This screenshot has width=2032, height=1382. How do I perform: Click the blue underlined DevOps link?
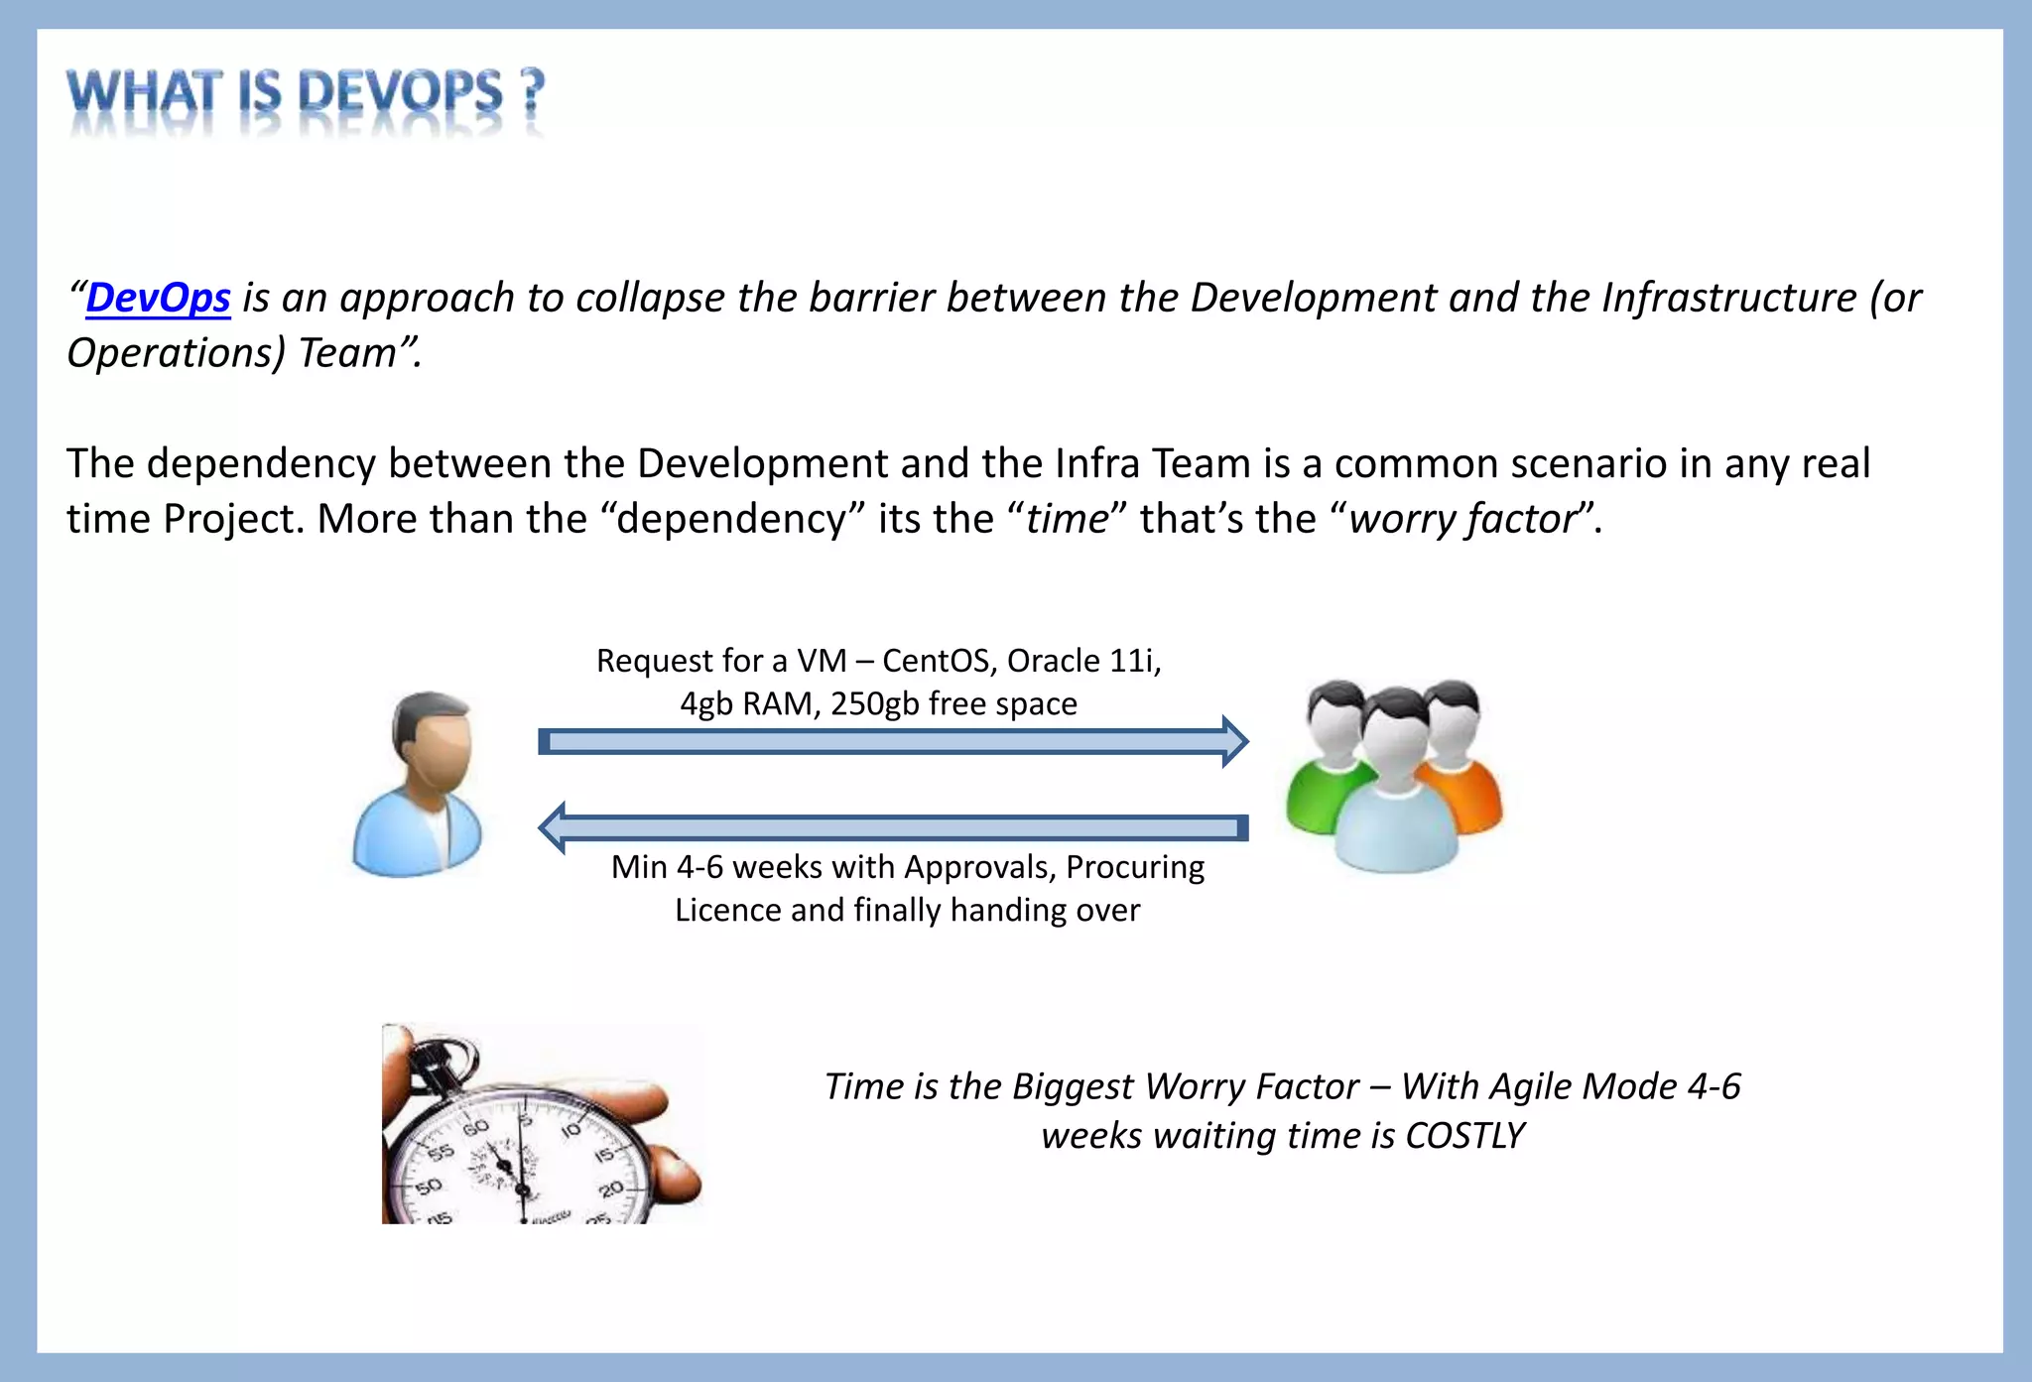coord(158,299)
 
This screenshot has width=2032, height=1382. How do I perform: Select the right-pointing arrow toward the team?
coord(892,741)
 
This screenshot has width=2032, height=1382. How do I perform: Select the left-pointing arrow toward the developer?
coord(892,827)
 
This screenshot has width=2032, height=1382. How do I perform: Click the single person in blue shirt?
coord(419,787)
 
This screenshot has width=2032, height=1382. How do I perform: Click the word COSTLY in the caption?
coord(1464,1136)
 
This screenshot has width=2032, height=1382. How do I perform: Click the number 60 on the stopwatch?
coord(475,1129)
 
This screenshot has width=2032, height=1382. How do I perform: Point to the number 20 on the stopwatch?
coord(610,1189)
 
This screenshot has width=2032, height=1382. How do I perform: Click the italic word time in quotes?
coord(1066,520)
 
